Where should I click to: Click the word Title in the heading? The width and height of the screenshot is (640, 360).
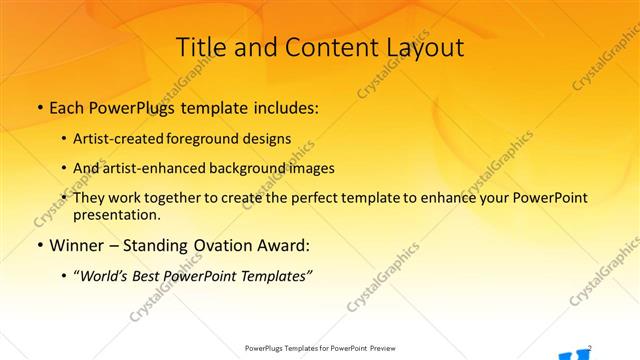tap(199, 47)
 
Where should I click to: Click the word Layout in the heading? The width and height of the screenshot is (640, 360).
tap(424, 47)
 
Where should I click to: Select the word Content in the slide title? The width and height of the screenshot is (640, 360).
tap(323, 47)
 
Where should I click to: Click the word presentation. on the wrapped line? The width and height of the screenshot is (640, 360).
tap(116, 214)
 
